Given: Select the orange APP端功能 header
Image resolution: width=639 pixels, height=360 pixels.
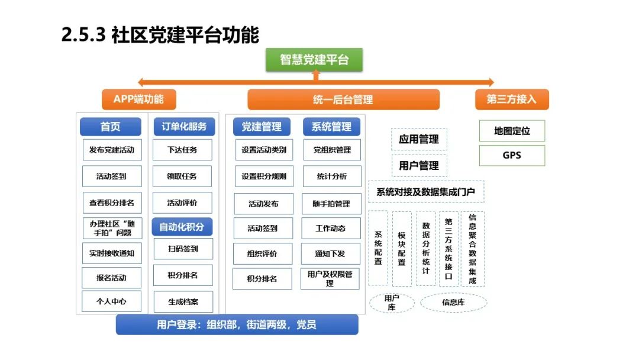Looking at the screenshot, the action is point(138,99).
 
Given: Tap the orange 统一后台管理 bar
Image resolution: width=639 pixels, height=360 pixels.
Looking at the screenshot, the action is point(343,99).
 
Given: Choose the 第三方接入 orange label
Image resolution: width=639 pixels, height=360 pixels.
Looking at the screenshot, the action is point(511,99).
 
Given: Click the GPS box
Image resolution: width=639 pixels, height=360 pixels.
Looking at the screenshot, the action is point(511,156).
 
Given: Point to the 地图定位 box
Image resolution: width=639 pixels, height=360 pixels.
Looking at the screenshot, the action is point(511,131).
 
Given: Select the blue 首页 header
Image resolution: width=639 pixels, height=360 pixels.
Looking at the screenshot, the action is point(111,127).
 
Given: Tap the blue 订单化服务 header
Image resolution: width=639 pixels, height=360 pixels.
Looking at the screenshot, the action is point(183,127).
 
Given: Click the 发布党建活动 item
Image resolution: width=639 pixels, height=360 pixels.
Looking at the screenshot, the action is point(112,150).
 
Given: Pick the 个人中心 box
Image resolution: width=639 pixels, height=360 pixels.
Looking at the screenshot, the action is point(112,301).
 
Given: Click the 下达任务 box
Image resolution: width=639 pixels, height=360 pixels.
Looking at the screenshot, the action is point(182,150).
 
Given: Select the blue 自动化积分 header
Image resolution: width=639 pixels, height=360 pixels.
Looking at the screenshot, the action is point(182,227).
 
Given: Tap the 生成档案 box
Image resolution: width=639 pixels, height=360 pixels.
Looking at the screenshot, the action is point(183,301).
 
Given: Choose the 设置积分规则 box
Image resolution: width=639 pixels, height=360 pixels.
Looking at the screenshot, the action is point(264,176).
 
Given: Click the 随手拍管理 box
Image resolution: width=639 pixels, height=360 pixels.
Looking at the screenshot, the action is point(331,204).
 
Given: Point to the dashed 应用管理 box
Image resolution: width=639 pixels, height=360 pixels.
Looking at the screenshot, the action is point(419,139).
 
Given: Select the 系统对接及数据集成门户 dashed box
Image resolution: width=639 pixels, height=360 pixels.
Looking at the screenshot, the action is point(426,192).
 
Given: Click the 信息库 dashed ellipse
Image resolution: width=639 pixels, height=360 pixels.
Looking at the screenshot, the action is point(453,302).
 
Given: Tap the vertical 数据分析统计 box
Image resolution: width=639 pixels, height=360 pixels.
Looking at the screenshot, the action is point(425,249).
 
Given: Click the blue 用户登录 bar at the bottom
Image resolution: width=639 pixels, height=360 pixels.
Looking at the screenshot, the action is point(237,324).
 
